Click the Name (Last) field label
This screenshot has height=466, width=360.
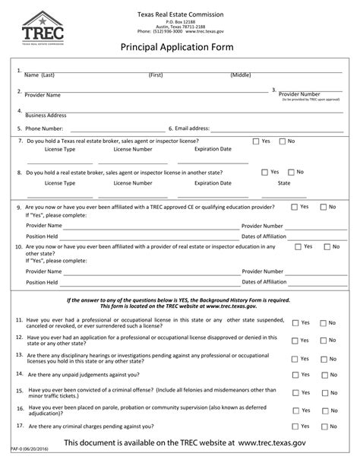39,76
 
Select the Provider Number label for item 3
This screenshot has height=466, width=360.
305,94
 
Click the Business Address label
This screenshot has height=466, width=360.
46,116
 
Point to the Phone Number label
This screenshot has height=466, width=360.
44,129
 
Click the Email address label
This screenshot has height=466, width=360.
193,129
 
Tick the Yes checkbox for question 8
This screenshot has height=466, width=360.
264,172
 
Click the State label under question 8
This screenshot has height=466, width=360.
284,183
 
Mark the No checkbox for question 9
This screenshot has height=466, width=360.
322,207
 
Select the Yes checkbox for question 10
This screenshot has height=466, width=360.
298,246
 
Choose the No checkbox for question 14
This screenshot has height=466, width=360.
322,374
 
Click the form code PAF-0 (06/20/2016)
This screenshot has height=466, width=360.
30,461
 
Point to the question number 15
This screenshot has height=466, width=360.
19,389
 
